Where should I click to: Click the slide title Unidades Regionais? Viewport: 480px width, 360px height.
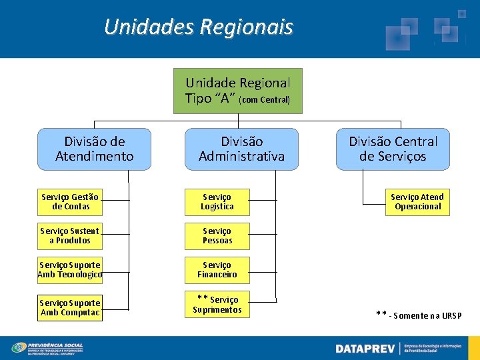(199, 27)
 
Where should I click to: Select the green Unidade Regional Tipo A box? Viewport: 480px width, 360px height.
(238, 91)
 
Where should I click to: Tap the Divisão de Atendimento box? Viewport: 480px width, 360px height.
(94, 149)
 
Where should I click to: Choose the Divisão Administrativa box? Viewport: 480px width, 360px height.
(241, 149)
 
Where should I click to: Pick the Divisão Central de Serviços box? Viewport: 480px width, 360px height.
(393, 149)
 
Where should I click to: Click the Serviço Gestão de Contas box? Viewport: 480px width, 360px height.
(70, 201)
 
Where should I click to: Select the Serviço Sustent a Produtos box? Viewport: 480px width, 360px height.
(70, 236)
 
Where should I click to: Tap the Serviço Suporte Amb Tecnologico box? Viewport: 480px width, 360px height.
(70, 270)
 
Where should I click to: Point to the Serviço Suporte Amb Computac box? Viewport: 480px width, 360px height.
(70, 307)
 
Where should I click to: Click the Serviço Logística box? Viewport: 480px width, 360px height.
(217, 201)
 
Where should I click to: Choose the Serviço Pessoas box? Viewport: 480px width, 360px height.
(217, 236)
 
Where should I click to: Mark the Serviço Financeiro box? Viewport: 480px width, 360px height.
(217, 270)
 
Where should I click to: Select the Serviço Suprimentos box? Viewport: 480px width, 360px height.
(217, 305)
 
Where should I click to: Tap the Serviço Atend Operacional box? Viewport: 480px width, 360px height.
(417, 201)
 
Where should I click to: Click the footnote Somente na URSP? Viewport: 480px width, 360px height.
(418, 315)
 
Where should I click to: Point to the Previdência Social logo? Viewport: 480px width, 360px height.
(57, 348)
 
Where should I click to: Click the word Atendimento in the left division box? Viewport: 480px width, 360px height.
(94, 157)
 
